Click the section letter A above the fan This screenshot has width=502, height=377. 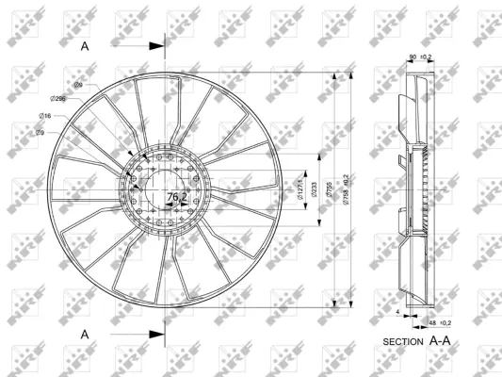(84, 44)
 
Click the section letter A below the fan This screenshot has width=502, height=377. (84, 334)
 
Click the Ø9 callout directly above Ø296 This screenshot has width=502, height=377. (78, 85)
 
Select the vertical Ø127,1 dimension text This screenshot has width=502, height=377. (300, 188)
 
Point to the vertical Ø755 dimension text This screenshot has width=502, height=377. (326, 188)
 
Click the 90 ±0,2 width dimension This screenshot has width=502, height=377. (419, 57)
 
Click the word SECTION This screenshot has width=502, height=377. (404, 340)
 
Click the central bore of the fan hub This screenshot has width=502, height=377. (167, 188)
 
